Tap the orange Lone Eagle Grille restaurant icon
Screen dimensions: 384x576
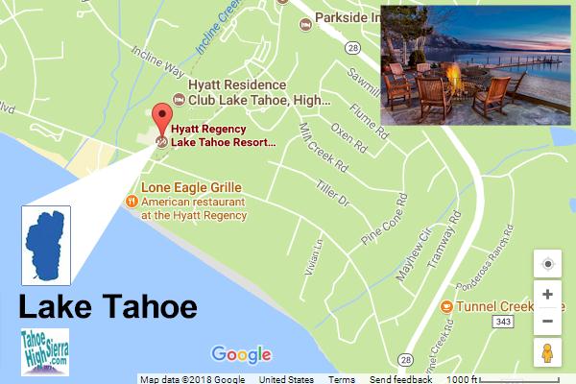132,202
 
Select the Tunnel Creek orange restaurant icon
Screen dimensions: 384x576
446,306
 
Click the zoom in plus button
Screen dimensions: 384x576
547,295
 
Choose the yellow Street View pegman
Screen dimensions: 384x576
547,353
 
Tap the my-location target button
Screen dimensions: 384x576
547,263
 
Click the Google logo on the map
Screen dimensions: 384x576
241,355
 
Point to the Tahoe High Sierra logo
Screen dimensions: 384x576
44,350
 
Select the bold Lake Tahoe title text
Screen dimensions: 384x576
108,307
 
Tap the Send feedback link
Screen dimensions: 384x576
400,379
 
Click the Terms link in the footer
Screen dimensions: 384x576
341,379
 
